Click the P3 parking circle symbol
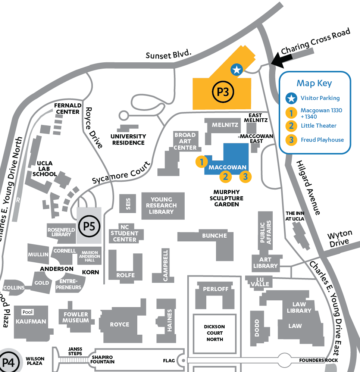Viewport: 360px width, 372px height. click(223, 92)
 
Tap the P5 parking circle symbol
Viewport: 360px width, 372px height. click(89, 226)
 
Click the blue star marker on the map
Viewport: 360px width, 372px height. click(237, 69)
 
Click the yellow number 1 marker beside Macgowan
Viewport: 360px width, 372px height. click(201, 162)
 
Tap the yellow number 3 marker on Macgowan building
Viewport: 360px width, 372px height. click(245, 176)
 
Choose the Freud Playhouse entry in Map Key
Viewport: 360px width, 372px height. click(322, 140)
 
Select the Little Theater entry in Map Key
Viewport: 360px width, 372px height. click(318, 125)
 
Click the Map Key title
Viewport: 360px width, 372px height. click(314, 83)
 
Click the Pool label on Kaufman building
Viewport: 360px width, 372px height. click(28, 312)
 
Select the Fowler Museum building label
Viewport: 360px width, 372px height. click(76, 317)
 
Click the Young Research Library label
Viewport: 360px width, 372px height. click(161, 206)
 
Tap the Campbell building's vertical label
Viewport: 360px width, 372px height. click(166, 265)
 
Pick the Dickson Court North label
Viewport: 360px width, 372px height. click(215, 333)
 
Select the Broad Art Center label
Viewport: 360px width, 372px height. click(185, 141)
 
